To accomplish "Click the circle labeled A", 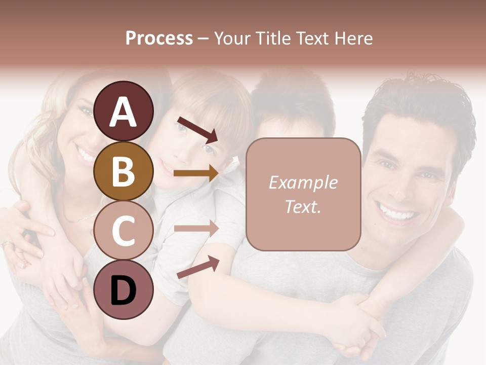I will [x=124, y=112].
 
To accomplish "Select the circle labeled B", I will [x=124, y=171].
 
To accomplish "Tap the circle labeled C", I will [x=124, y=230].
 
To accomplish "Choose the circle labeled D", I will [x=124, y=289].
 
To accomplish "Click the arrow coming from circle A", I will [x=197, y=129].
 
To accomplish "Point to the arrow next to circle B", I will [x=196, y=173].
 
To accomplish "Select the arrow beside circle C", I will [x=196, y=228].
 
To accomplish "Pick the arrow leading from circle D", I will [x=198, y=267].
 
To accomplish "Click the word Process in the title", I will [x=159, y=38].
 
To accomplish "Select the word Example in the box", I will [x=303, y=182].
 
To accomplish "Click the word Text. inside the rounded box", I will [x=303, y=206].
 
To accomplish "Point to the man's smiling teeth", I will [x=398, y=212].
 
